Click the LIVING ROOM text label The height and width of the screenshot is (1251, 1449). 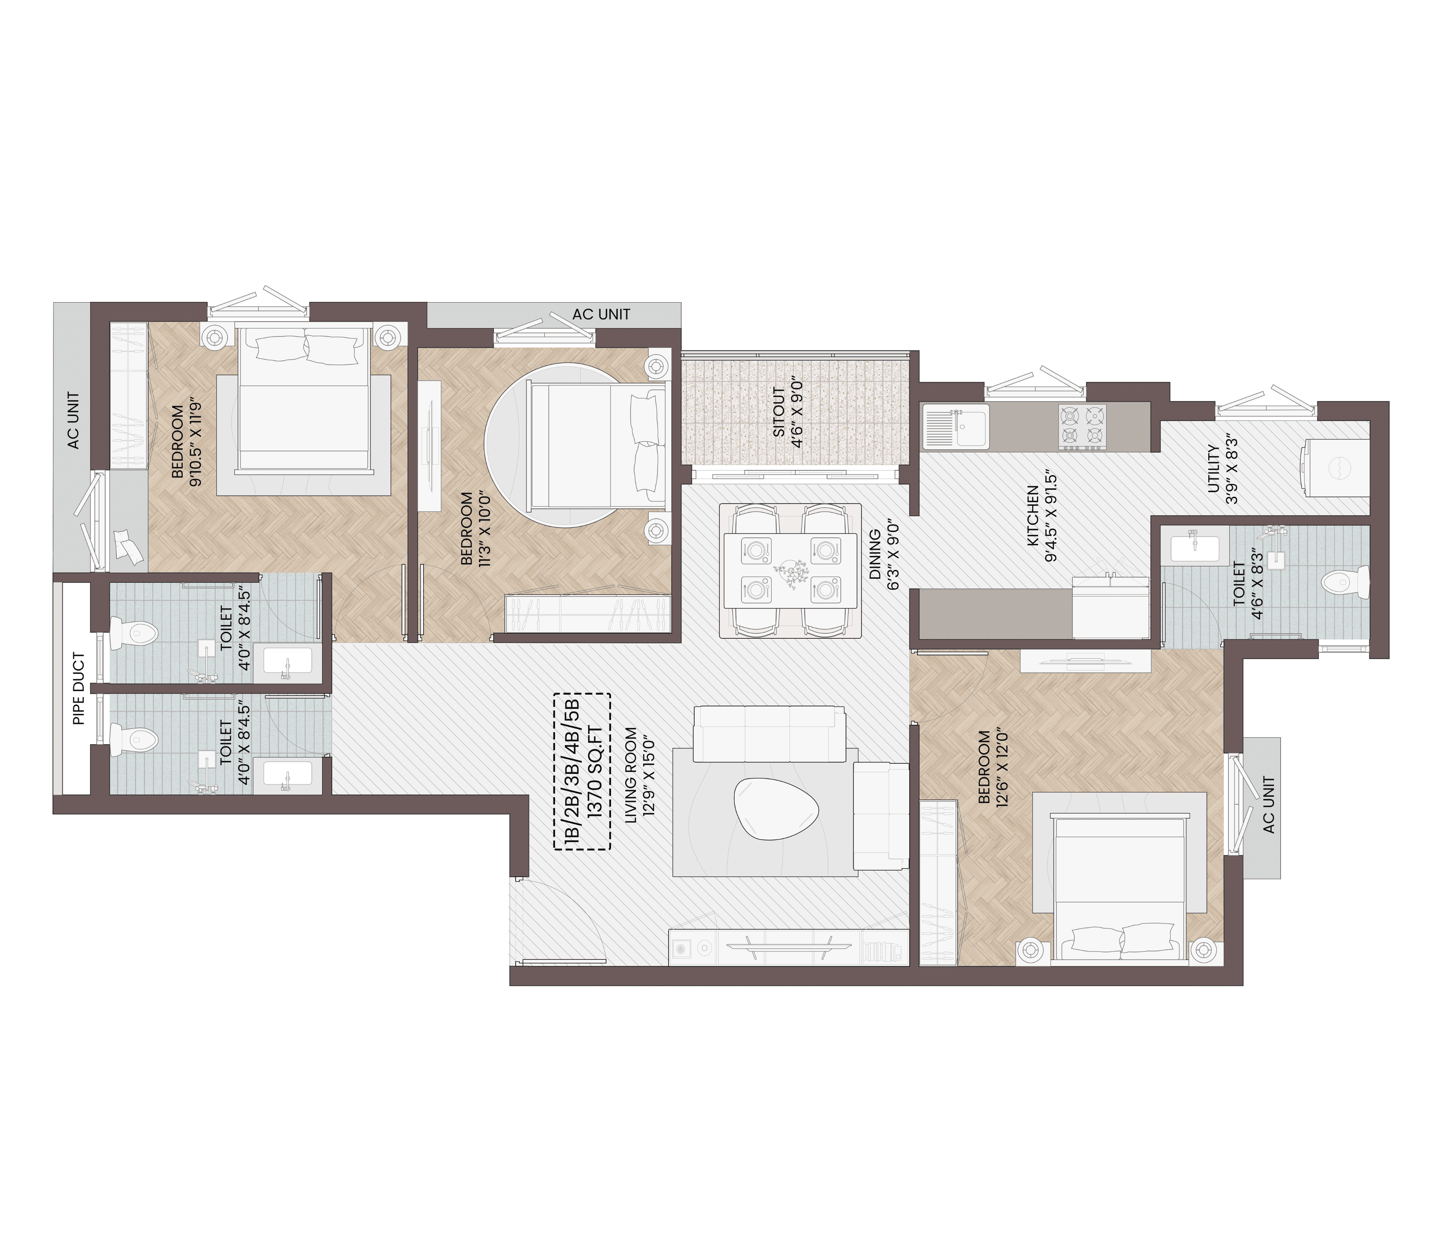tap(631, 775)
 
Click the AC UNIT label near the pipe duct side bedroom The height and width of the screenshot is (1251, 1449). tap(73, 420)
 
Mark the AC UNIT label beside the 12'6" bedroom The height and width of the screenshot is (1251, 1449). tap(1269, 804)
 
